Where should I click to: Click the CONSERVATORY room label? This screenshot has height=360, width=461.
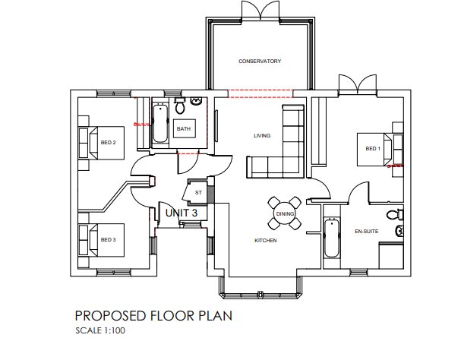(x=260, y=61)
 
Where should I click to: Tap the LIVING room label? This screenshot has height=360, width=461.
(x=262, y=136)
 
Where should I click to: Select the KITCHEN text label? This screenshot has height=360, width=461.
(x=265, y=240)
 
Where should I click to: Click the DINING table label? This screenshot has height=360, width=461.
(x=284, y=214)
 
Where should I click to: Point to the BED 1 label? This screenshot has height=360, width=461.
(x=371, y=148)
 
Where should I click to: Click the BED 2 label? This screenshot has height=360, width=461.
(x=108, y=142)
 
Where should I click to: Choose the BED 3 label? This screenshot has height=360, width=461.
(x=108, y=239)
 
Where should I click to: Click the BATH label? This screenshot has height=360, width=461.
(x=184, y=129)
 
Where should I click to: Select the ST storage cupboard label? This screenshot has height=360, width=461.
(x=198, y=193)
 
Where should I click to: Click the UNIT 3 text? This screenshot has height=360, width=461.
(x=181, y=213)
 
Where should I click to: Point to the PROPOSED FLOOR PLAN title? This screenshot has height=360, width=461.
(x=153, y=314)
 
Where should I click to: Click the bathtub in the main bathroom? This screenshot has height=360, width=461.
(x=159, y=123)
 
